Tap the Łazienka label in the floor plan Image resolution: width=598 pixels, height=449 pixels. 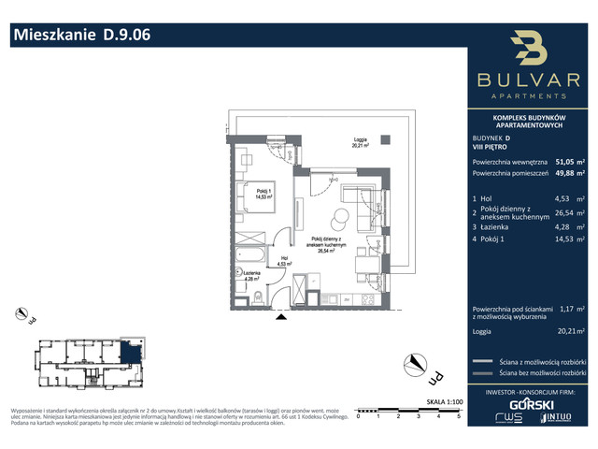246,273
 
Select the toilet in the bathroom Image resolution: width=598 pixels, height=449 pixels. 256,297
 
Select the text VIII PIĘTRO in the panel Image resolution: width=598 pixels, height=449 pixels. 490,145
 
